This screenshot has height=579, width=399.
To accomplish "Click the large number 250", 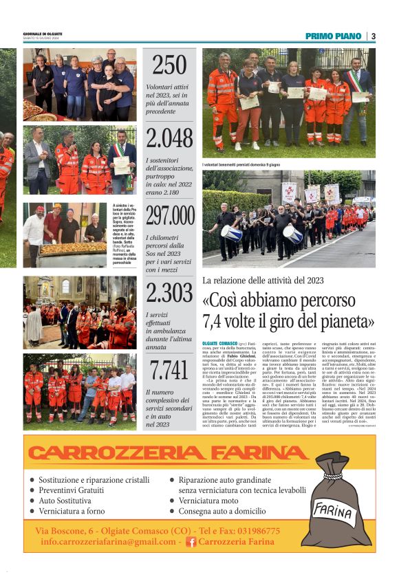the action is (169, 65).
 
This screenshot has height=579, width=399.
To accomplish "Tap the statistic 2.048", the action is (169, 138).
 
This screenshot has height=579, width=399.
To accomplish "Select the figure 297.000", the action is (169, 215).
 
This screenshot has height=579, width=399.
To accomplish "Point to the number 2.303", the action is (169, 293).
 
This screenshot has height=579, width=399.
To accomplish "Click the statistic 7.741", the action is (169, 370).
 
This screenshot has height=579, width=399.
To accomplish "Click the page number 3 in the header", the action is (373, 36).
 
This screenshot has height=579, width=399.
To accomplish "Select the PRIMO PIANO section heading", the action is (334, 36).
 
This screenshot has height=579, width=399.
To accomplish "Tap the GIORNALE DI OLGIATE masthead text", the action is (43, 34).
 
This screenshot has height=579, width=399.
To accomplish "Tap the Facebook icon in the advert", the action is (192, 542).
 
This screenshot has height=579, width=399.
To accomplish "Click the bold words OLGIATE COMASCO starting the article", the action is (222, 342).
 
